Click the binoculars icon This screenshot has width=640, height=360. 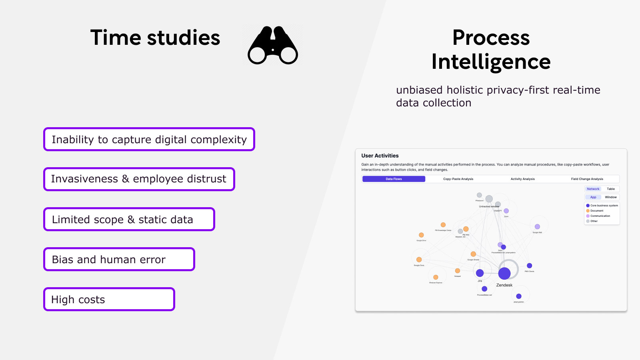pos(272,46)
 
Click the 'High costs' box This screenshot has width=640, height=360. pos(109,299)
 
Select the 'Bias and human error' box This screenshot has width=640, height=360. pos(119,259)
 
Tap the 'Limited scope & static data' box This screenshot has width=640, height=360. pos(129,219)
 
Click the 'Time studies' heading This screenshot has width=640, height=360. pos(155,38)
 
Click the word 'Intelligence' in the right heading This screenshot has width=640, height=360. pos(491,62)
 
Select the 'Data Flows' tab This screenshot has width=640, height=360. pos(394,179)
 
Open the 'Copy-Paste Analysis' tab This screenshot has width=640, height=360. pos(458,179)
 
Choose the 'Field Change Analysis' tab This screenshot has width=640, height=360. pos(587,179)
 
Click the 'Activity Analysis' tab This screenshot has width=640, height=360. pos(522,179)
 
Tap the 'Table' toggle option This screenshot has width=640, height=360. pos(610,189)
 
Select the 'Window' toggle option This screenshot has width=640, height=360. pos(610,197)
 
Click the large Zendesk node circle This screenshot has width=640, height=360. pos(504,273)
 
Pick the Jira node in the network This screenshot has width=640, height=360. pos(480,273)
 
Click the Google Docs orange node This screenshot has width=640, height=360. pos(419,260)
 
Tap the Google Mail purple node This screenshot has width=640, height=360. pos(537,227)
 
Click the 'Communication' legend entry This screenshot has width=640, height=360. pos(600,216)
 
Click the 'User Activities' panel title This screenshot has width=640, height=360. pos(380,156)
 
